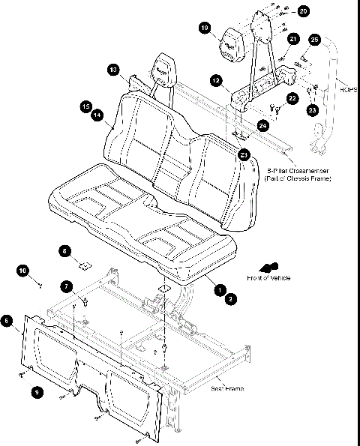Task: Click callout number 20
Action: pyautogui.click(x=302, y=11)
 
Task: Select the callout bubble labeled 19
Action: pyautogui.click(x=205, y=28)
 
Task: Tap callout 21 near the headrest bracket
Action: pyautogui.click(x=293, y=38)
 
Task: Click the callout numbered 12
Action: pyautogui.click(x=215, y=79)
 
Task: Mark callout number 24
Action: pyautogui.click(x=262, y=126)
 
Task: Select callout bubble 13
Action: pyautogui.click(x=113, y=69)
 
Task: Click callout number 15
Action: pyautogui.click(x=86, y=106)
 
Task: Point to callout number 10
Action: pyautogui.click(x=22, y=269)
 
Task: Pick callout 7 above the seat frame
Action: pyautogui.click(x=67, y=286)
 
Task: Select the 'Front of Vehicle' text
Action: pyautogui.click(x=268, y=278)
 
